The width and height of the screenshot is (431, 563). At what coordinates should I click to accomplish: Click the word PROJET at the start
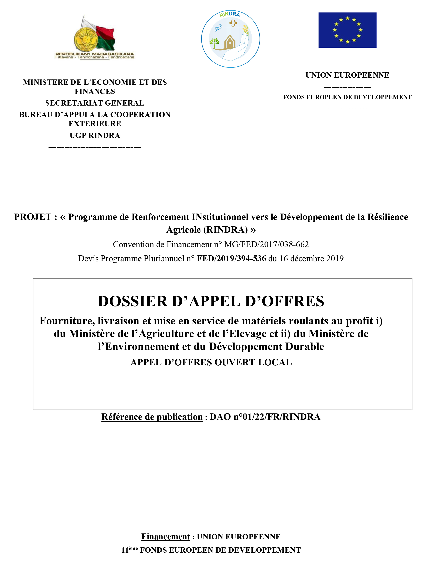pos(33,217)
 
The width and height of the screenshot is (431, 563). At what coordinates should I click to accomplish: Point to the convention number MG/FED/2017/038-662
pos(266,244)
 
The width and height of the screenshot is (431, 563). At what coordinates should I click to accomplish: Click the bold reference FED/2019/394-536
pos(231,258)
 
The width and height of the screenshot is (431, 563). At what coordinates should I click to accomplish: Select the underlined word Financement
pos(166,537)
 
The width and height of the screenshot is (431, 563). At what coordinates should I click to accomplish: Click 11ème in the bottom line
pos(129,550)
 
